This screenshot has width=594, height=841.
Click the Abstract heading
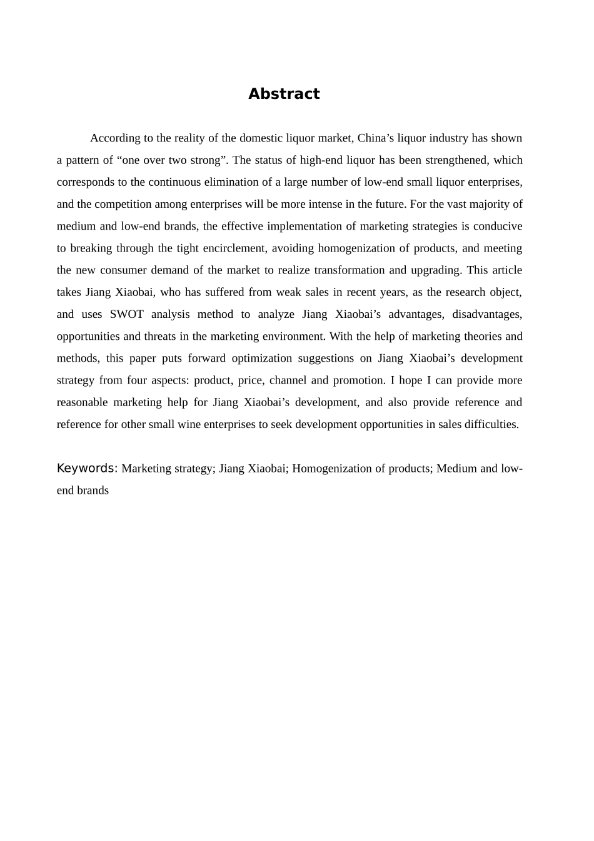(284, 94)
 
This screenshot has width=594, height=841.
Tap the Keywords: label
(87, 468)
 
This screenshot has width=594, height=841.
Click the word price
(250, 380)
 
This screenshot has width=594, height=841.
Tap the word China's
(376, 138)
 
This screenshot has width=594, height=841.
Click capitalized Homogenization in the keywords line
(328, 468)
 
